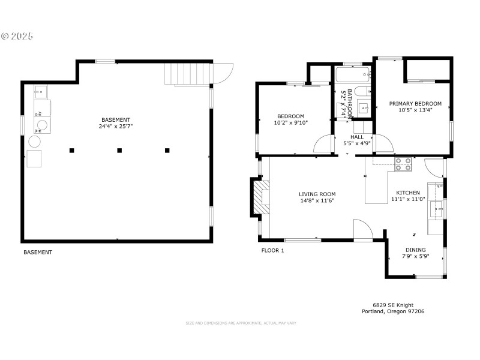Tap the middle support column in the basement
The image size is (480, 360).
[119, 150]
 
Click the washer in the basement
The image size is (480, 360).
[40, 126]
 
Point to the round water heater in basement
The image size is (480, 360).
[35, 141]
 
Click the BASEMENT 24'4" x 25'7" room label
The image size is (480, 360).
[115, 123]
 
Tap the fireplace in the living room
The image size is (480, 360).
[262, 196]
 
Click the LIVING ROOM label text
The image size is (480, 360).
[317, 194]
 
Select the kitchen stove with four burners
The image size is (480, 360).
[403, 163]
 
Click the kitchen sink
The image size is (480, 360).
[436, 210]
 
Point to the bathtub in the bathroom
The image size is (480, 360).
[353, 76]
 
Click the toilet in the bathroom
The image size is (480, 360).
[360, 92]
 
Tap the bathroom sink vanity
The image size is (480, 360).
[363, 109]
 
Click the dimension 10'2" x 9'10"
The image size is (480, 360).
[290, 123]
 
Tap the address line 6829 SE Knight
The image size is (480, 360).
[393, 305]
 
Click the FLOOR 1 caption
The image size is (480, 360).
[272, 250]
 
